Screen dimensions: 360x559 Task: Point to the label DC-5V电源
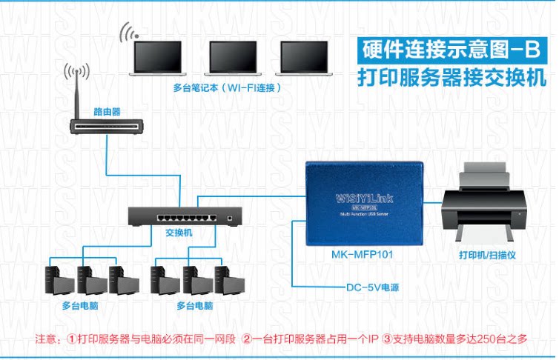click(x=374, y=287)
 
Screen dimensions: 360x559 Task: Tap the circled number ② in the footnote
click(x=247, y=339)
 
